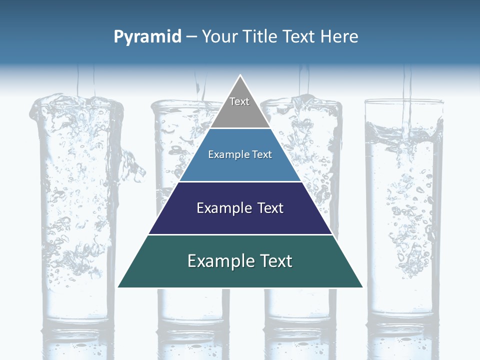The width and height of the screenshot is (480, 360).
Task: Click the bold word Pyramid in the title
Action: [x=147, y=37]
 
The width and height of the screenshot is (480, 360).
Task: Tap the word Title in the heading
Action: [x=258, y=37]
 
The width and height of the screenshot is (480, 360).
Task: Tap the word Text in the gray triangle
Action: [x=239, y=101]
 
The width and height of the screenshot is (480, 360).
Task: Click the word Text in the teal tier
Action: [x=274, y=261]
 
